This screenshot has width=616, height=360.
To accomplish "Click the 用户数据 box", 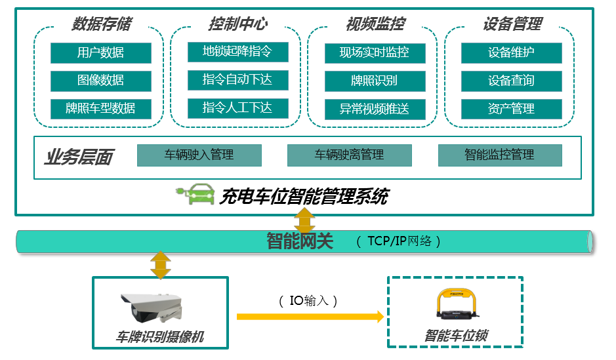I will (100, 52).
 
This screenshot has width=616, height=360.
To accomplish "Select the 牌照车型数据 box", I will (100, 108).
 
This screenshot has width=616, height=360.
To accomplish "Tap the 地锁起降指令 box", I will (237, 52).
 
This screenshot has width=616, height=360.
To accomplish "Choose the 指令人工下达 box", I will (237, 108).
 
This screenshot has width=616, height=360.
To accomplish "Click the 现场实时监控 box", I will (375, 52).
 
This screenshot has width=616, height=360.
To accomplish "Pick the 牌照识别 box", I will (375, 81).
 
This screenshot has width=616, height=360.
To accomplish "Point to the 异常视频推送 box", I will (375, 109).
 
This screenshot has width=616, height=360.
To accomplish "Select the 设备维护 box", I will (512, 52).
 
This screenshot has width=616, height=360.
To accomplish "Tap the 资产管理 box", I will (512, 109).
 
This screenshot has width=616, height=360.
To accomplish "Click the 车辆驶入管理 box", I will (199, 155).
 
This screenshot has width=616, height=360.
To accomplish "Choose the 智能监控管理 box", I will (499, 155).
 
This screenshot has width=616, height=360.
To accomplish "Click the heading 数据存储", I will (101, 24).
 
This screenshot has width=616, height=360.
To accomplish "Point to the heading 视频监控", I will (375, 24).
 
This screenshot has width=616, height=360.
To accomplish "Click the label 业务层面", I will (79, 157).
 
